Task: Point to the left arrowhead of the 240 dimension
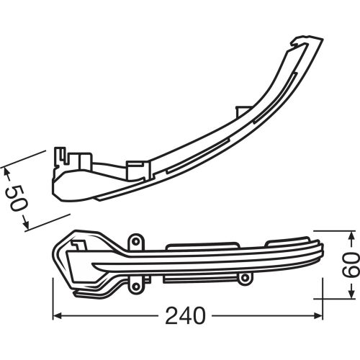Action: [58, 315]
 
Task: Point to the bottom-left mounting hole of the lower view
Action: [135, 287]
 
